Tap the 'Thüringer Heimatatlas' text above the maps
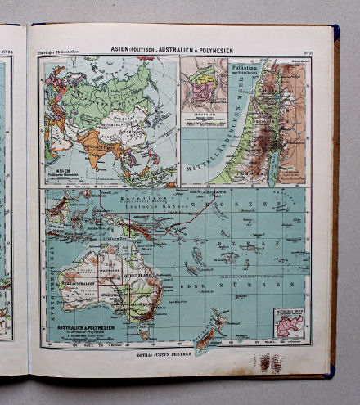pos(58,54)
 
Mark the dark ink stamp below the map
pos(270,362)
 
